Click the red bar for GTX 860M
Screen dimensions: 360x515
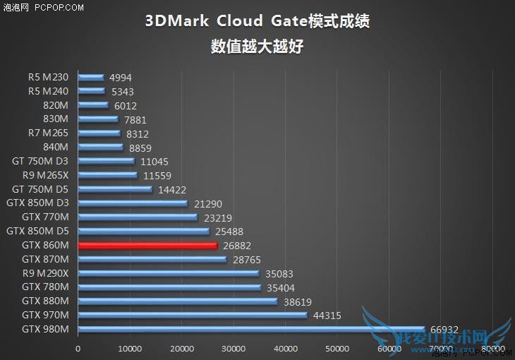147,246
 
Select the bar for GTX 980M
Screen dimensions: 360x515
251,330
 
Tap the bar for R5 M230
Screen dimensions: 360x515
91,78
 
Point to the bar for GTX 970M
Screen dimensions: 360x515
193,316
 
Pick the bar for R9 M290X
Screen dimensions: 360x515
169,273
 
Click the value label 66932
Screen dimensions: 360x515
444,330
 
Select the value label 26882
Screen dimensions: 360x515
237,246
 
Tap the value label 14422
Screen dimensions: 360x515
172,190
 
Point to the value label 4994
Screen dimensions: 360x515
120,78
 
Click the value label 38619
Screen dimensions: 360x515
298,301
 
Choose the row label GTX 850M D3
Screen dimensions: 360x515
37,203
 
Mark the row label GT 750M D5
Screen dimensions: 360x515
40,189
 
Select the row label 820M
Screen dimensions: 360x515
55,105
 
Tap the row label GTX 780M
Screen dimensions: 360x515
45,287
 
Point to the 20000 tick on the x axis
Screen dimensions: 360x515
182,349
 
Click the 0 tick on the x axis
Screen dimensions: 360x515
78,349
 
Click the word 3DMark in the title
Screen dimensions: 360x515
177,20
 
